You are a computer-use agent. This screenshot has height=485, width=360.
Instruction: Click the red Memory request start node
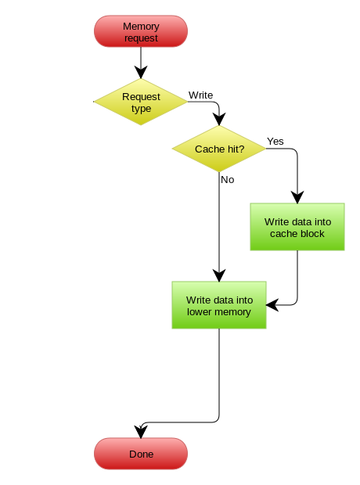(x=141, y=31)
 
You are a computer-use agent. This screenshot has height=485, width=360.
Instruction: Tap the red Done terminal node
(x=141, y=454)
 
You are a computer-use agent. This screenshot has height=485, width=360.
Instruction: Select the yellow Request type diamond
(x=141, y=102)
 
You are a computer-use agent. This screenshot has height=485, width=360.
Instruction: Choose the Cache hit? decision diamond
(x=219, y=149)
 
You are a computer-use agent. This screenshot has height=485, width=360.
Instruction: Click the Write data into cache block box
(x=297, y=227)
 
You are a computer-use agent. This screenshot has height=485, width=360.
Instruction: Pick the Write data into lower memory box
(x=219, y=305)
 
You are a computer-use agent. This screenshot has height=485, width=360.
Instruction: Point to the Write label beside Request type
(x=200, y=95)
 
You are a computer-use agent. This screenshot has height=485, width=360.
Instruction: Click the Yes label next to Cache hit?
(x=275, y=141)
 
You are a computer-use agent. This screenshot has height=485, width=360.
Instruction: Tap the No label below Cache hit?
(x=228, y=179)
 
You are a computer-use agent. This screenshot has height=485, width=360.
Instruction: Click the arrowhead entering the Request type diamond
(x=141, y=72)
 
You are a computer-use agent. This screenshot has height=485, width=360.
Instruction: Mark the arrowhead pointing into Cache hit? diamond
(x=219, y=119)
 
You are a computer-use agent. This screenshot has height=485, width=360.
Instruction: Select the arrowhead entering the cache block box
(x=297, y=197)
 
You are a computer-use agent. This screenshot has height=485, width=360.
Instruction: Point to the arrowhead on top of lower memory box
(x=219, y=275)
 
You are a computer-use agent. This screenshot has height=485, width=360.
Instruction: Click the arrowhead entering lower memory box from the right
(x=272, y=305)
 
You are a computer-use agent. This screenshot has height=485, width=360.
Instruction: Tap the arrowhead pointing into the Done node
(x=141, y=432)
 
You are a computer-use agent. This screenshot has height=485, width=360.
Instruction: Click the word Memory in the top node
(x=141, y=27)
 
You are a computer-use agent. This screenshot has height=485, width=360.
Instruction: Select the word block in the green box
(x=311, y=234)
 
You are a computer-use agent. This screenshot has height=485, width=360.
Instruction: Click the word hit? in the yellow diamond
(x=236, y=149)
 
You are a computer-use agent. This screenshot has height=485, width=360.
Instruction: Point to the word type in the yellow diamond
(x=141, y=109)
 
